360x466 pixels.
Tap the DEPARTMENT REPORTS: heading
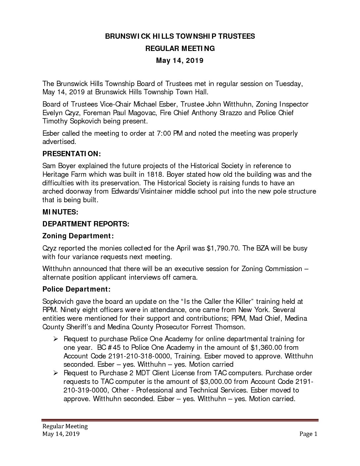tap(86, 224)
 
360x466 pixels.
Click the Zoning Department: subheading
tap(78, 236)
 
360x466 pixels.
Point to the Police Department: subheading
tap(76, 289)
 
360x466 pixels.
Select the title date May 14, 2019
tap(180, 61)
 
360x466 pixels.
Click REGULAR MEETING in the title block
tap(180, 49)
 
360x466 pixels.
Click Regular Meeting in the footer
tap(65, 426)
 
